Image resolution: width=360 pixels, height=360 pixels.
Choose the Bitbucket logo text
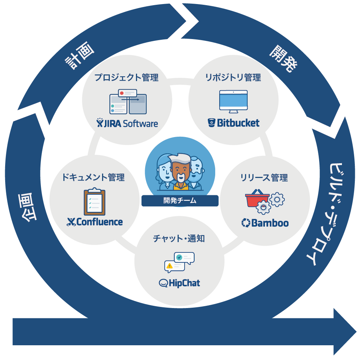point(234,123)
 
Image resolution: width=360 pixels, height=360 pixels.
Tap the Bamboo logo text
point(265,223)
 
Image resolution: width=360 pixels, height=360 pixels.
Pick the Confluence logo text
point(95,222)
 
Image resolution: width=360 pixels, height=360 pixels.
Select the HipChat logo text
point(179,283)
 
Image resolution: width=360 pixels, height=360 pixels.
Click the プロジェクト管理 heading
point(126,77)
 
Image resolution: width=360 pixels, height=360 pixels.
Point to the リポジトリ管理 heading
point(233,77)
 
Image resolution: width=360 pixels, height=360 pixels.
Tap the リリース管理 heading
point(264,178)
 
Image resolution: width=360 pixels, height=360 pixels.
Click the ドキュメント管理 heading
point(93,177)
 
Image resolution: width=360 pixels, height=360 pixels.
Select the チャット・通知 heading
point(179,238)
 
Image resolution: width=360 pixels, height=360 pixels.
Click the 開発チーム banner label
point(180,201)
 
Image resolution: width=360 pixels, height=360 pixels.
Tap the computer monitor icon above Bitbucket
point(233,101)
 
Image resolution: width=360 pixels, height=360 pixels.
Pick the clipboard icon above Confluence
point(94,202)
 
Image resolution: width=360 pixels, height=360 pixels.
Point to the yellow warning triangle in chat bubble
point(169,265)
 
